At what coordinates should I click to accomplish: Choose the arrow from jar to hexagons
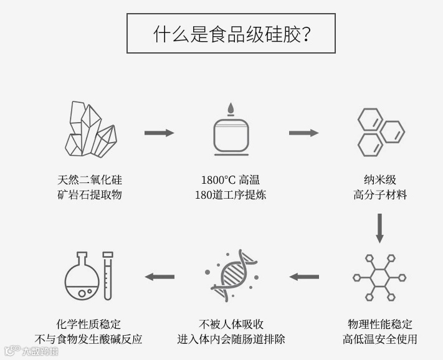tap(303, 133)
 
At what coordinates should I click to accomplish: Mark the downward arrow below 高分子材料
tap(379, 228)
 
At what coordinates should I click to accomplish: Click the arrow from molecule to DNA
tap(304, 277)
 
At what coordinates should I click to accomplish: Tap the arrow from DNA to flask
tap(160, 277)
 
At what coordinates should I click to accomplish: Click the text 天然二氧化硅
tap(89, 180)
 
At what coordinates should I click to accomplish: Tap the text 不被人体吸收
tap(231, 324)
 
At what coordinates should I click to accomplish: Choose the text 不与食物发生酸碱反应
tap(88, 339)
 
